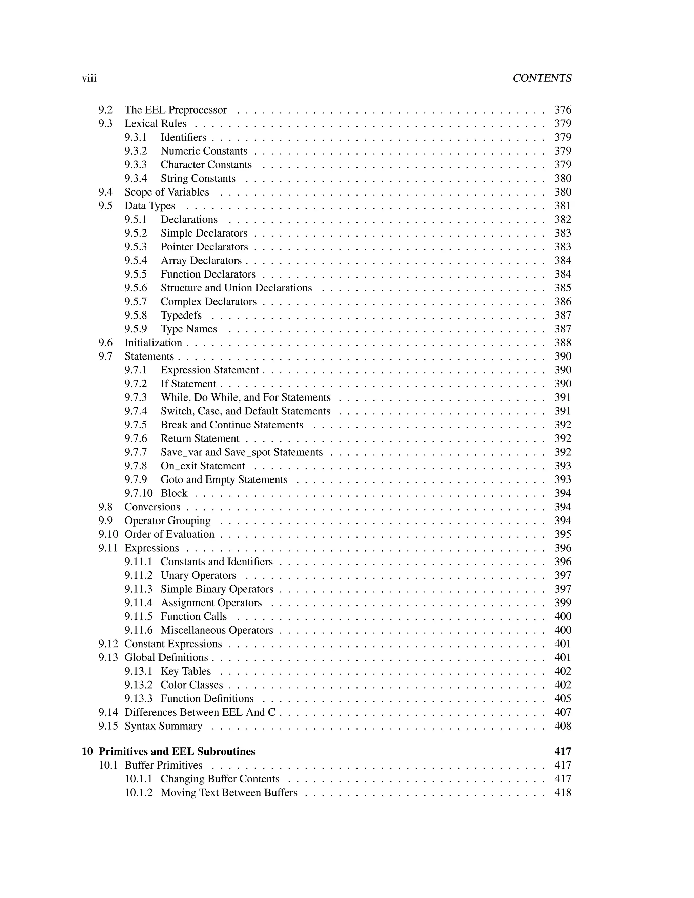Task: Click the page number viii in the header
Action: (x=89, y=78)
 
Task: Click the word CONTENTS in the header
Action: (x=542, y=78)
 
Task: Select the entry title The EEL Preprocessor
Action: (x=176, y=110)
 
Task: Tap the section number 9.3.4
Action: (x=136, y=179)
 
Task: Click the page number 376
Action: (x=563, y=110)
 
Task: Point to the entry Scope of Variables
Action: (x=166, y=192)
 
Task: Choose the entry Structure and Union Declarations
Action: (x=236, y=288)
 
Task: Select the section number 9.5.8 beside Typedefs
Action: (x=136, y=315)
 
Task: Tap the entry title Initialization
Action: (x=153, y=343)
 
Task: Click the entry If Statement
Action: (x=188, y=384)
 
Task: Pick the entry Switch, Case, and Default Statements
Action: (x=245, y=411)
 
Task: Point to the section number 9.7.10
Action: (x=139, y=493)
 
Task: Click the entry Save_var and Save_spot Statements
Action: (x=241, y=452)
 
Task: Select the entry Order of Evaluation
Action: (x=169, y=534)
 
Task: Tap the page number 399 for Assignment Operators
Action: (x=563, y=603)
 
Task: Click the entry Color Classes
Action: (x=191, y=685)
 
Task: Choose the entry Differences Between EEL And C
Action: (x=200, y=712)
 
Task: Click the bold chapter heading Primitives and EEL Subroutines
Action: (x=177, y=751)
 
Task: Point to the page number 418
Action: (x=563, y=792)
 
